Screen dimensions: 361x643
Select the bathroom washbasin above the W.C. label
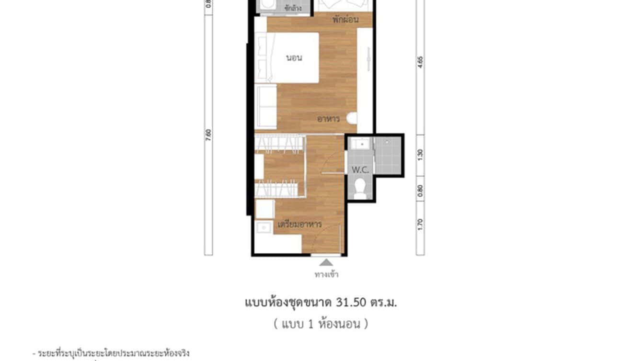(x=360, y=144)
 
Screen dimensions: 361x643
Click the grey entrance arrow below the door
(x=326, y=262)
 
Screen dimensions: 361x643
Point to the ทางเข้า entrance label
(x=326, y=274)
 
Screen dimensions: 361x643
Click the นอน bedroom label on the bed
(x=294, y=58)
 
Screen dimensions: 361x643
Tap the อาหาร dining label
(x=328, y=118)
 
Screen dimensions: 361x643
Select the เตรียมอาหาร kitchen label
(x=299, y=224)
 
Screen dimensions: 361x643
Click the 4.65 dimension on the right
(x=420, y=63)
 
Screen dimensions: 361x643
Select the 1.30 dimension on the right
(x=420, y=154)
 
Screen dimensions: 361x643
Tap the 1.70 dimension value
(x=420, y=224)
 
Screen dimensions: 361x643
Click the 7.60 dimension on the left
(x=209, y=135)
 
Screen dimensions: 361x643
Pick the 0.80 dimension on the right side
(x=420, y=192)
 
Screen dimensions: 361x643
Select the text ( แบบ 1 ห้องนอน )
(x=321, y=324)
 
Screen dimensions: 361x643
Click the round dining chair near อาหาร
(x=353, y=118)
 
